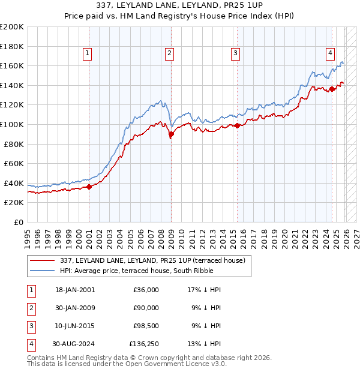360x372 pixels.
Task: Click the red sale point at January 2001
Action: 89,187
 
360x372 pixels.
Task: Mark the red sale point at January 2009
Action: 171,134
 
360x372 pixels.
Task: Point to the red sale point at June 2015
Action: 237,125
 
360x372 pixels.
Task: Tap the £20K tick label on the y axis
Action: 14,203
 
